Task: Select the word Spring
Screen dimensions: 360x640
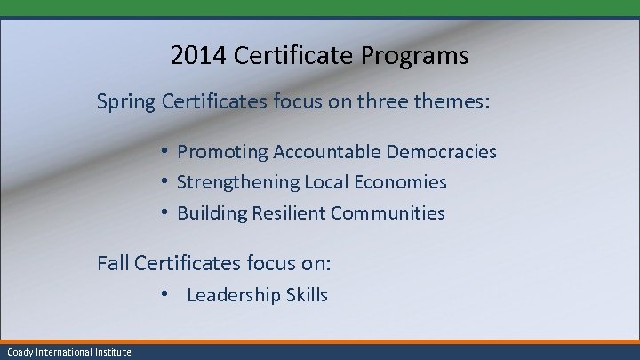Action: click(x=126, y=103)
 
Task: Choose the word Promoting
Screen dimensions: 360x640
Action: click(x=222, y=152)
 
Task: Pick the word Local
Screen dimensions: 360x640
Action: click(x=329, y=182)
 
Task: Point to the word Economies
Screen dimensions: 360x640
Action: click(x=403, y=182)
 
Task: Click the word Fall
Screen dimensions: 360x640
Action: click(x=113, y=263)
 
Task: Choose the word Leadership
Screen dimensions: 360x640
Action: click(x=233, y=295)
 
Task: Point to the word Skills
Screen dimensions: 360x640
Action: click(x=307, y=295)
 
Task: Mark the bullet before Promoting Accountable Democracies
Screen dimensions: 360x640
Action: click(x=166, y=152)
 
